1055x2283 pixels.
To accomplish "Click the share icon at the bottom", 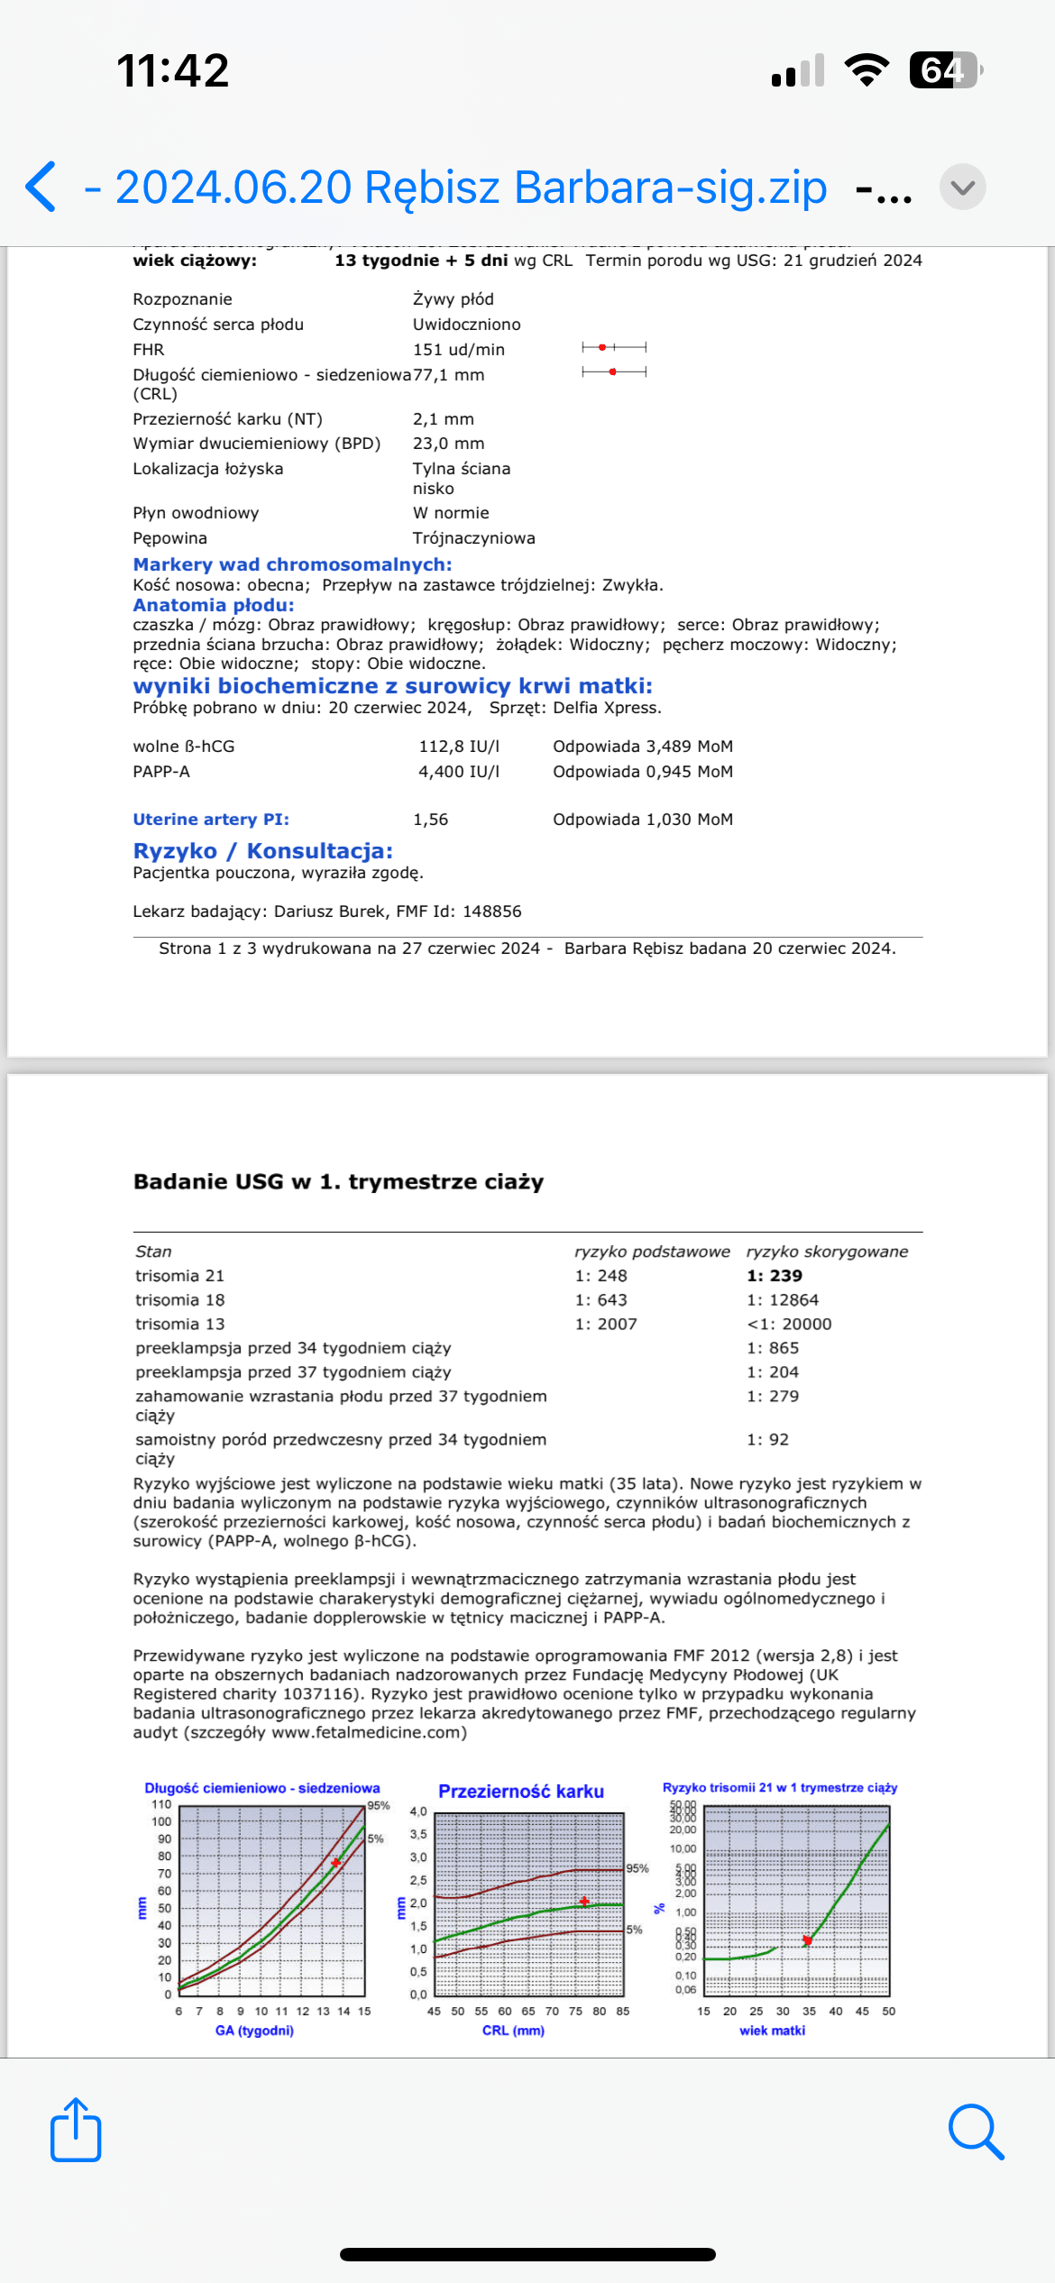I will click(76, 2130).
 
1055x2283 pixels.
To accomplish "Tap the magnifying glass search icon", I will click(976, 2132).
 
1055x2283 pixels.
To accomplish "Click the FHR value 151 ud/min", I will click(458, 350).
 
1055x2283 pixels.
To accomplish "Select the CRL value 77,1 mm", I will click(448, 375).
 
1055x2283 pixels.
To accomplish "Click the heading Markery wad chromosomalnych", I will click(292, 564).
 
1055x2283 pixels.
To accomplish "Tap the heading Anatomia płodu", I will click(214, 605).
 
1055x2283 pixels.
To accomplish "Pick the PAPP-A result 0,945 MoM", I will click(642, 772).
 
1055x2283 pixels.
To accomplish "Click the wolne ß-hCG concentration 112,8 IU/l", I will click(458, 747).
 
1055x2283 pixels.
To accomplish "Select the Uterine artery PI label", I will click(211, 820).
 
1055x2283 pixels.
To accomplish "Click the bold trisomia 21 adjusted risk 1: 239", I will click(774, 1276).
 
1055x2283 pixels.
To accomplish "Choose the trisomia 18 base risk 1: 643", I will click(601, 1300).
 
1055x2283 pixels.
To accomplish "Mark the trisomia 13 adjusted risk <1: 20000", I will click(789, 1325).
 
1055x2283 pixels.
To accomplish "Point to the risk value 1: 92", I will click(767, 1440).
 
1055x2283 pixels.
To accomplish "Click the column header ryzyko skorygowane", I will click(827, 1252).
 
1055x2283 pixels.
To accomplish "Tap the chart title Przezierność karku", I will click(521, 1792).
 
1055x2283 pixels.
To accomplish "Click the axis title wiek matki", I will click(772, 2031).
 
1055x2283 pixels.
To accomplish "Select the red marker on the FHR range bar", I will click(602, 347).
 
